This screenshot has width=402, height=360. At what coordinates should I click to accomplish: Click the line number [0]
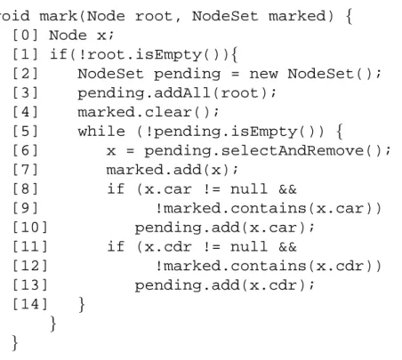[25, 36]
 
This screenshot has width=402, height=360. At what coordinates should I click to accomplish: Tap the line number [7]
[25, 170]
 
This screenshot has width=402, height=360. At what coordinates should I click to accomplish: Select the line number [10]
[30, 228]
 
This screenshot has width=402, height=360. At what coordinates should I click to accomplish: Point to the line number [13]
[30, 285]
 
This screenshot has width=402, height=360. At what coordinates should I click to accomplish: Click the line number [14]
[30, 304]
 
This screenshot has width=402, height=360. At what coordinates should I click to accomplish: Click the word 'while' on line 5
[101, 132]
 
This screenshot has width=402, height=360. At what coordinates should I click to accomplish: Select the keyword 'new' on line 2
[263, 74]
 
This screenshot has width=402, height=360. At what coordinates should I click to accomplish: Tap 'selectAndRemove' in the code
[293, 150]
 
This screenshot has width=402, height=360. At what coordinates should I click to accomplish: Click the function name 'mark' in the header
[59, 16]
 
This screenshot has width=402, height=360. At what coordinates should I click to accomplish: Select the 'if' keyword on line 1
[59, 54]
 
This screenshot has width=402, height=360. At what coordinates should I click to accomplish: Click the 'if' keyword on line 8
[116, 188]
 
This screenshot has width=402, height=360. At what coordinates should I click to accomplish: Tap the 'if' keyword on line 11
[116, 246]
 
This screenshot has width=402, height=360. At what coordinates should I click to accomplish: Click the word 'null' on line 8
[249, 188]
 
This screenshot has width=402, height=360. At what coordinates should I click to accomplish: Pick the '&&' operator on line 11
[287, 246]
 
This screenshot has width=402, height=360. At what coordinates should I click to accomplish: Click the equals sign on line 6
[130, 151]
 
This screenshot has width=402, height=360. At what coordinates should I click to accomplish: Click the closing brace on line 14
[82, 304]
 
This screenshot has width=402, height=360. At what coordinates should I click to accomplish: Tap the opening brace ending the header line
[349, 16]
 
